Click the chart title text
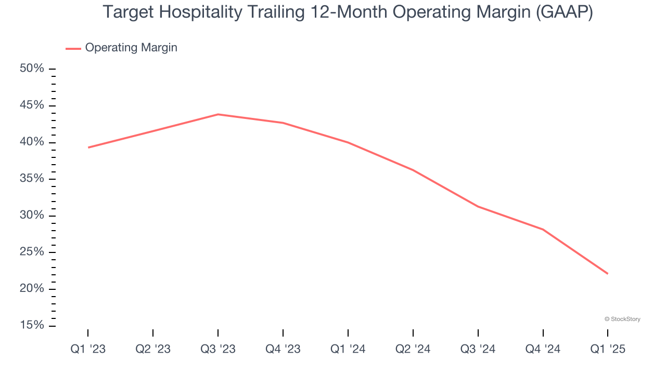(348, 12)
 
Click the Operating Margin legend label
(131, 48)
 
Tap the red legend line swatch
(73, 48)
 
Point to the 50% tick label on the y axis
(32, 69)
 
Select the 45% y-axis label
(32, 106)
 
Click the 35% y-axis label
(32, 179)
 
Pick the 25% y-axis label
(32, 252)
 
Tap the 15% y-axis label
(32, 326)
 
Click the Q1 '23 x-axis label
(88, 349)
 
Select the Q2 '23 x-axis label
(153, 349)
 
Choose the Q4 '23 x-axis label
(283, 349)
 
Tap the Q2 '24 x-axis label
(413, 349)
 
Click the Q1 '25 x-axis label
(608, 349)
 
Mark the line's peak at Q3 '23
(218, 114)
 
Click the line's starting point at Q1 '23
(88, 148)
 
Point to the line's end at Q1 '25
(607, 274)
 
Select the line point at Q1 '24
(348, 142)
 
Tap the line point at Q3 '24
(478, 207)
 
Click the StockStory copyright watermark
(622, 319)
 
